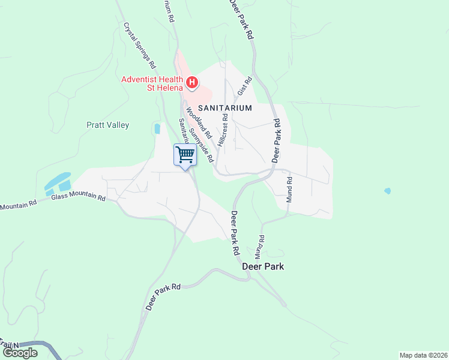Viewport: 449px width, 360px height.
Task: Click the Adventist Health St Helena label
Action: point(152,83)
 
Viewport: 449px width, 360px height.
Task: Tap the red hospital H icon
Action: point(192,82)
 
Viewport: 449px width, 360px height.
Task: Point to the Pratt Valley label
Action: point(107,125)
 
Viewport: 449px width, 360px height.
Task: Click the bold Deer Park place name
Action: point(263,266)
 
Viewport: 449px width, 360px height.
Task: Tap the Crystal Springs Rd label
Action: point(140,45)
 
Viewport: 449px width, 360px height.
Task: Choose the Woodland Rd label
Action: point(195,118)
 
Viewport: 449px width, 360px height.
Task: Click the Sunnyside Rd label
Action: point(202,145)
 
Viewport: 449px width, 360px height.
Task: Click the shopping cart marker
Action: point(185,154)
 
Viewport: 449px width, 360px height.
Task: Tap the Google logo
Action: point(19,353)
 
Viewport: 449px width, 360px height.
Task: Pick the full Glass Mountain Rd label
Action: point(79,197)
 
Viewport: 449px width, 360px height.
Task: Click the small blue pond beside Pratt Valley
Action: point(157,128)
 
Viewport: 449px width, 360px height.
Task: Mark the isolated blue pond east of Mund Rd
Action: point(387,191)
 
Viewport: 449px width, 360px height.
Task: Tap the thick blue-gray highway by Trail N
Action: point(45,347)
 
